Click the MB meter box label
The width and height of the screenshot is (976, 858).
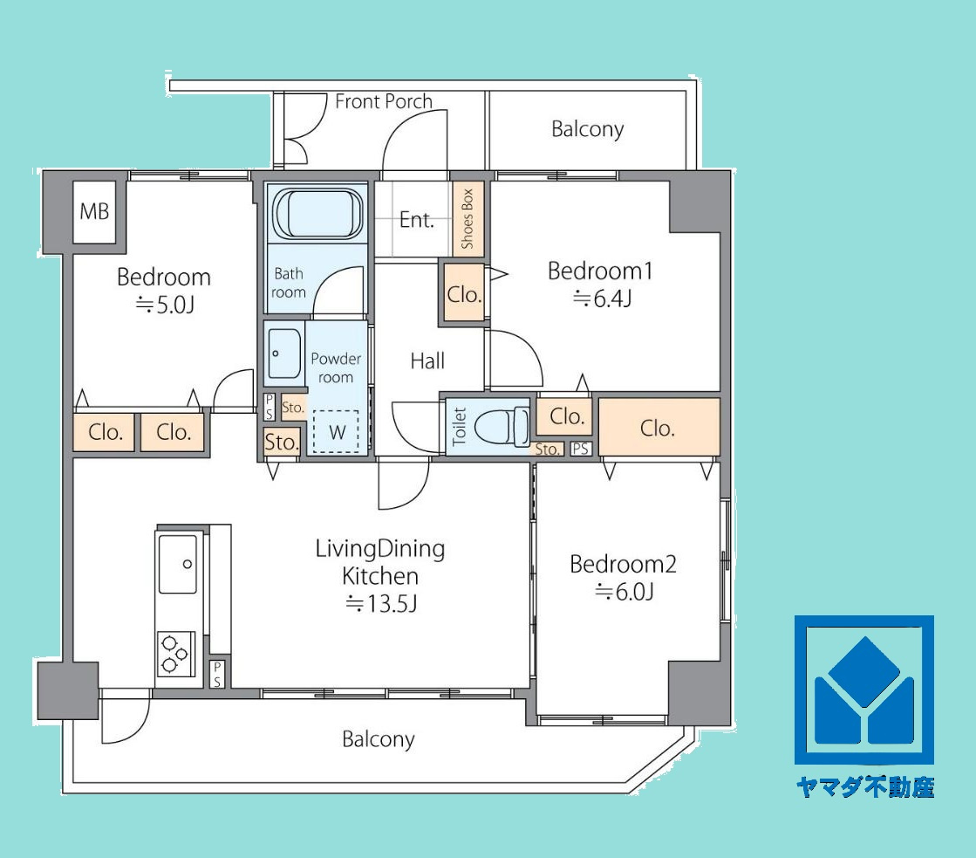94,212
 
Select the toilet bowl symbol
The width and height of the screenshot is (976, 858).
502,427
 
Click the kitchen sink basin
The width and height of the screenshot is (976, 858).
177,564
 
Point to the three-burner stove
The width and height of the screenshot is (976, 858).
175,654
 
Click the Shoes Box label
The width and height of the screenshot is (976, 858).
468,219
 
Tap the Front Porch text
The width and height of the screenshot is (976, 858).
384,101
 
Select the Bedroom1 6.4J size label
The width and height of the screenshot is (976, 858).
602,299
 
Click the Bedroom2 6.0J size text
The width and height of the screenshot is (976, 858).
625,591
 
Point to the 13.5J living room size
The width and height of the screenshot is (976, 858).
381,603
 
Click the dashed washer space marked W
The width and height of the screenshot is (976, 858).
336,431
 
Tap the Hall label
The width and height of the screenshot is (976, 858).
427,360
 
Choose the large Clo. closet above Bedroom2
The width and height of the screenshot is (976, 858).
659,428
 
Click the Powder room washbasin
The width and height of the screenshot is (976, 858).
283,353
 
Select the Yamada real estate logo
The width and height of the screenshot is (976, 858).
864,690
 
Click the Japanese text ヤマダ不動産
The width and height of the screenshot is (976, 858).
865,787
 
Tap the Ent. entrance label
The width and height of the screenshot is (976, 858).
416,219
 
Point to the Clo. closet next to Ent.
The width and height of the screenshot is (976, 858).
464,294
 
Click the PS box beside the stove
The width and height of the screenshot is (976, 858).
216,674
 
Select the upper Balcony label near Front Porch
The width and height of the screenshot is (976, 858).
588,129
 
